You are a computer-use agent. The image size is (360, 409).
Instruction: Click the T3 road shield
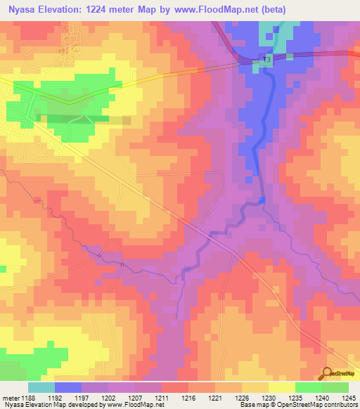[265, 60]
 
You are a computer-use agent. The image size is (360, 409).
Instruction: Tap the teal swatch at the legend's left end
[41, 387]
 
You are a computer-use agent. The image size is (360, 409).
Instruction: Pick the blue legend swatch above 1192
[67, 387]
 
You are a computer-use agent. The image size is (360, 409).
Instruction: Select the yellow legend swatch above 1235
[281, 387]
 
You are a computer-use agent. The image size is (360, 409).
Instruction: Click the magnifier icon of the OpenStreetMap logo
[326, 373]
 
